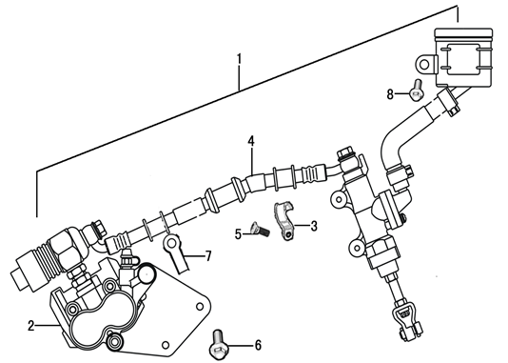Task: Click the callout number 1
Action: pyautogui.click(x=239, y=59)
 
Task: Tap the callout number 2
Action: pyautogui.click(x=31, y=326)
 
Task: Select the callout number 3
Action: pyautogui.click(x=314, y=226)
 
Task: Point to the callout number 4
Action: pyautogui.click(x=251, y=141)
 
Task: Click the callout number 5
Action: pyautogui.click(x=239, y=233)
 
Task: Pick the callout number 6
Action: pyautogui.click(x=258, y=345)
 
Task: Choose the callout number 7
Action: pyautogui.click(x=208, y=256)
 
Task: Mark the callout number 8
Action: pyautogui.click(x=390, y=94)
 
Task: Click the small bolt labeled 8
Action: pyautogui.click(x=416, y=91)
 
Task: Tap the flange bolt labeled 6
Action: pyautogui.click(x=219, y=345)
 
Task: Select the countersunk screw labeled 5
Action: pyautogui.click(x=260, y=230)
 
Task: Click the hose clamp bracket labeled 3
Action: pyautogui.click(x=285, y=220)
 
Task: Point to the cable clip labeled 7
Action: pyautogui.click(x=176, y=252)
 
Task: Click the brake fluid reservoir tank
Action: pyautogui.click(x=463, y=57)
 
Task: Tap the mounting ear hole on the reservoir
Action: pyautogui.click(x=424, y=65)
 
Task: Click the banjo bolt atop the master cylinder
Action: pyautogui.click(x=345, y=156)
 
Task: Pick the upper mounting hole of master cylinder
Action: pyautogui.click(x=339, y=198)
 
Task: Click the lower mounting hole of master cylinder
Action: pyautogui.click(x=357, y=248)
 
